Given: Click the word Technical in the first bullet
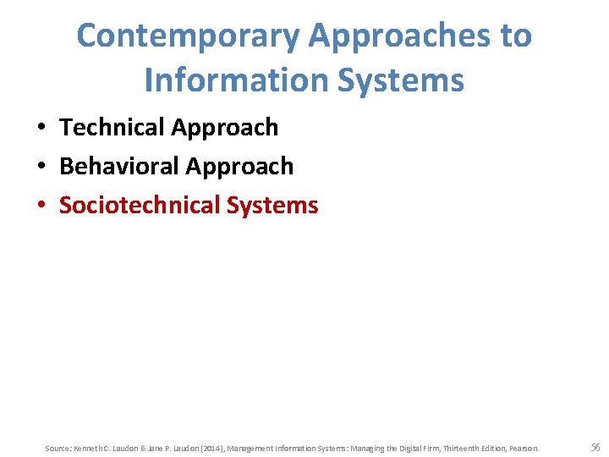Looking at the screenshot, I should pos(112,127).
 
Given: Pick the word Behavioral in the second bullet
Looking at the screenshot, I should pos(119,166).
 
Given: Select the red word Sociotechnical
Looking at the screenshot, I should pos(140,205).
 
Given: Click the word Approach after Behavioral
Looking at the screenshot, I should pos(240,166).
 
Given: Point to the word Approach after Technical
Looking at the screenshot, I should pos(225,127).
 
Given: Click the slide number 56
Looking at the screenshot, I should pos(595,447).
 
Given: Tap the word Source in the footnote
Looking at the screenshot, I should pos(57,448).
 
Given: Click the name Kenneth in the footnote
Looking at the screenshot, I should pos(86,448).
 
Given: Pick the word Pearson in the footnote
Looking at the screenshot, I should pos(522,448).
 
